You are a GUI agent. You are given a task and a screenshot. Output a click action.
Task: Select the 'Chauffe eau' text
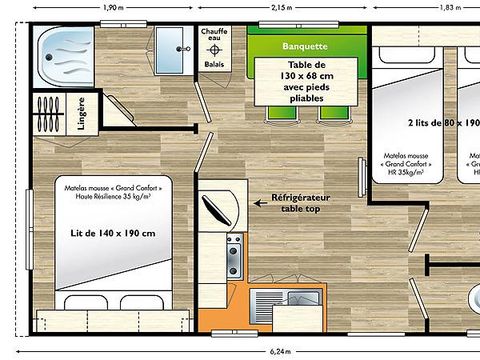tap(215, 38)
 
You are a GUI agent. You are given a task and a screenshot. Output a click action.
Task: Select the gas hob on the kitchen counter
tap(233, 257)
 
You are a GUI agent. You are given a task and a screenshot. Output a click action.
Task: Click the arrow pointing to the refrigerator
tap(248, 199)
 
